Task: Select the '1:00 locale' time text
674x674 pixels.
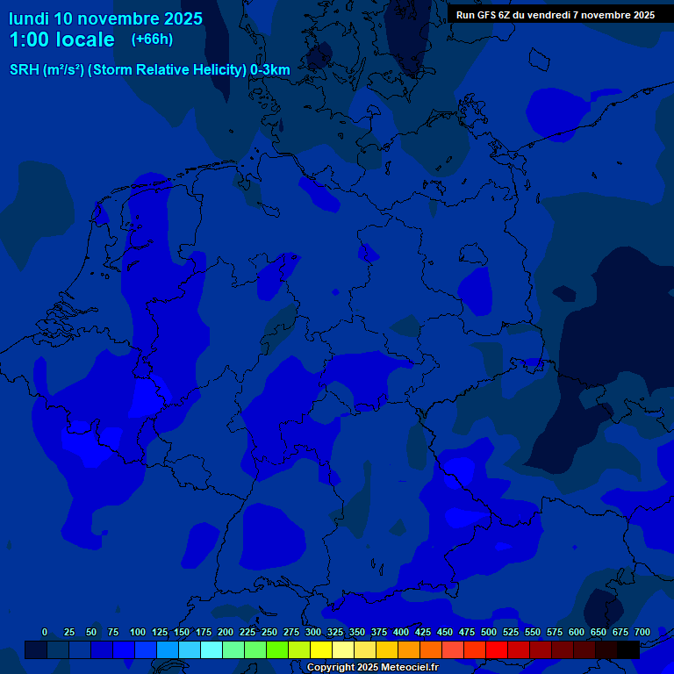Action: click(x=61, y=39)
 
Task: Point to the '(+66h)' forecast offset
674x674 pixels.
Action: click(x=152, y=39)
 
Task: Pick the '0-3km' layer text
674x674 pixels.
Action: click(x=270, y=69)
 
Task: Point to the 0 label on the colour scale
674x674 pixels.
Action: click(x=45, y=632)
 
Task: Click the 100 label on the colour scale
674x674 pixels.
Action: click(x=138, y=632)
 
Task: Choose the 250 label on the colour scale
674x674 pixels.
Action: click(x=269, y=632)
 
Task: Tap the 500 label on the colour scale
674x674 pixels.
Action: click(x=489, y=632)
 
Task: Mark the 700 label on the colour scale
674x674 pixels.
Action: click(x=642, y=632)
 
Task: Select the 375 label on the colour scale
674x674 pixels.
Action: click(x=379, y=632)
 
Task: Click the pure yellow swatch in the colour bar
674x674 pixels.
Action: click(x=321, y=649)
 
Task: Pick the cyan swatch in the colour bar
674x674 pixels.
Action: click(x=212, y=649)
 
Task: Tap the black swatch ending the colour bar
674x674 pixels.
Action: click(x=628, y=649)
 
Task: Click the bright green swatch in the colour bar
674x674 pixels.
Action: click(x=277, y=649)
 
